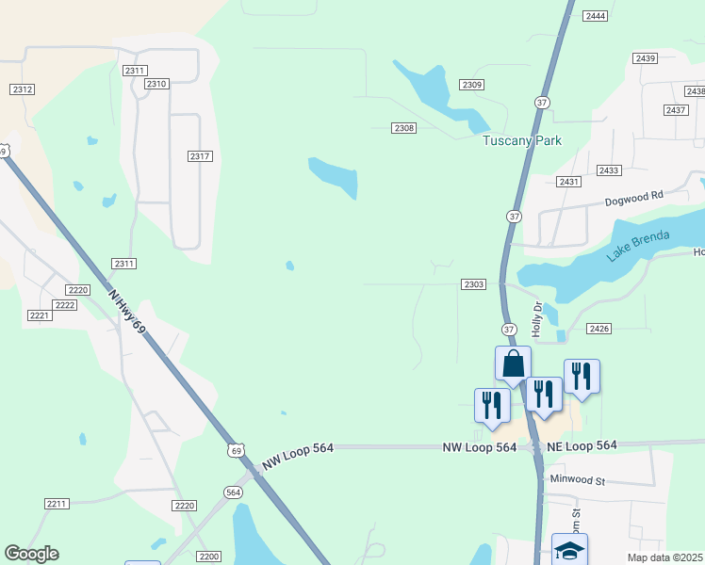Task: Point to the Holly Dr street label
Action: pos(537,319)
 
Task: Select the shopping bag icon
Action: pos(513,363)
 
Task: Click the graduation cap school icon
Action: pos(569,550)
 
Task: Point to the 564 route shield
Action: pos(234,492)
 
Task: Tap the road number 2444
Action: pos(595,16)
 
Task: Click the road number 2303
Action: pos(473,283)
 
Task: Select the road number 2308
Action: pos(403,127)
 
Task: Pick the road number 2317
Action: pos(199,156)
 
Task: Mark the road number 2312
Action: pos(23,89)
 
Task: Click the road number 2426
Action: pos(598,328)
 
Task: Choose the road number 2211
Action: pos(56,504)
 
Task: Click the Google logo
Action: pos(31,554)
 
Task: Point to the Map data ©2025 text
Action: pos(664,557)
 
